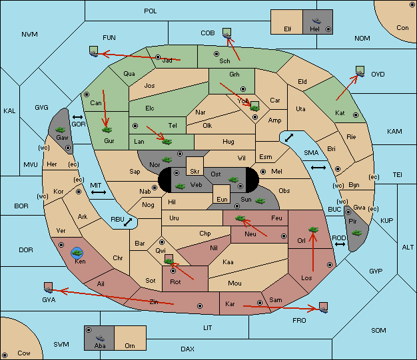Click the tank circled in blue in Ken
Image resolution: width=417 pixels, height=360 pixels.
[x=77, y=253]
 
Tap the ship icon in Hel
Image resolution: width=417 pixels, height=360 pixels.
[x=316, y=21]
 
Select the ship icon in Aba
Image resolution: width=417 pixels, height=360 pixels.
[x=100, y=338]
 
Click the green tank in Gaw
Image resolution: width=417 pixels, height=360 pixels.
[x=61, y=130]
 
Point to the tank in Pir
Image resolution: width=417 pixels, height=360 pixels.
[x=356, y=233]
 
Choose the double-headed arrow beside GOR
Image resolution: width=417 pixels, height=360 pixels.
[x=78, y=117]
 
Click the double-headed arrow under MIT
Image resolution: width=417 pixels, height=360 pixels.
[x=99, y=192]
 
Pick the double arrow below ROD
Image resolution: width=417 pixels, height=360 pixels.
[x=340, y=244]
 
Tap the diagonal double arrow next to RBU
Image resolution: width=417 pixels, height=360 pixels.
[x=128, y=222]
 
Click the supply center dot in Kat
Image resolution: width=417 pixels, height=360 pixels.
[x=356, y=115]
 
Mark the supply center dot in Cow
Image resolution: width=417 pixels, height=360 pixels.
[x=5, y=355]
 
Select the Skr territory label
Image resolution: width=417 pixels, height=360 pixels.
[x=195, y=172]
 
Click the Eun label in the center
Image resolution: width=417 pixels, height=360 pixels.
[x=222, y=199]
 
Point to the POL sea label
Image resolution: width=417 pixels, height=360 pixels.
[x=151, y=11]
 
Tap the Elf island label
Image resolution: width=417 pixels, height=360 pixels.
[x=288, y=29]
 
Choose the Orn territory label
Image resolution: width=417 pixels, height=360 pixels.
[x=130, y=345]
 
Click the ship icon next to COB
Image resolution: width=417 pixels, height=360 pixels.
[x=227, y=33]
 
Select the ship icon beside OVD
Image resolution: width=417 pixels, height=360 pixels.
[x=360, y=71]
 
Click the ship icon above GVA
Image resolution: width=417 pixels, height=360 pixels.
[x=49, y=287]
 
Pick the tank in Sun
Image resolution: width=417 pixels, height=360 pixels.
[x=260, y=201]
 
